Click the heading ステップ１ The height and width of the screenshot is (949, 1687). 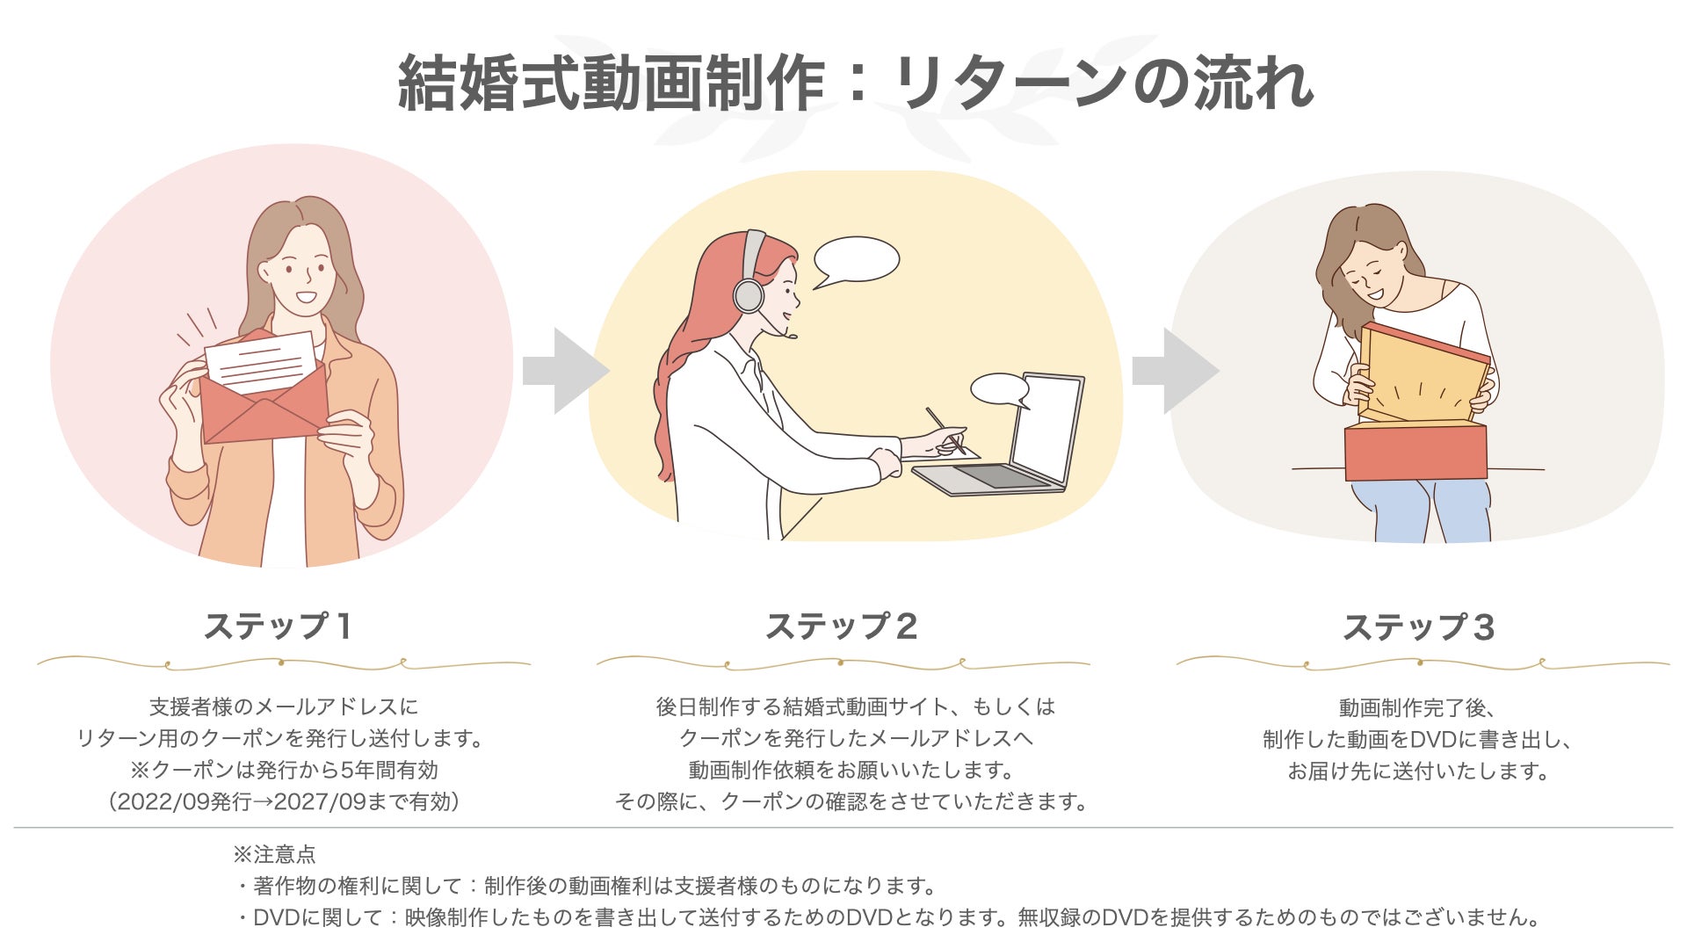pos(279,627)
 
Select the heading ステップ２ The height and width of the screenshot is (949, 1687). pos(842,627)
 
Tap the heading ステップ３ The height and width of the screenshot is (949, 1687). pos(1418,627)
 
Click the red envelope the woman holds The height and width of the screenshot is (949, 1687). pos(264,413)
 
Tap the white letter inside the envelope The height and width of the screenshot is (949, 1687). pos(261,360)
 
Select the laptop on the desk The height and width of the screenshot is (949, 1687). pos(1019,439)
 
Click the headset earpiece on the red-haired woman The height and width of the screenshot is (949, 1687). pos(749,294)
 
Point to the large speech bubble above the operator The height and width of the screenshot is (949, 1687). pos(856,260)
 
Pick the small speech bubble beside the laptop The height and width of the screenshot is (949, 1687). pos(1000,388)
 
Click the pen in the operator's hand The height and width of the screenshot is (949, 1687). pos(945,430)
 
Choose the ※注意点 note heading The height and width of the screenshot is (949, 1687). pos(275,854)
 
